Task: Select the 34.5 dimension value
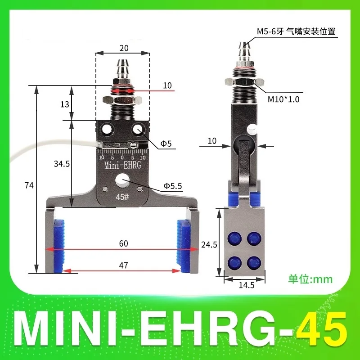click(x=62, y=164)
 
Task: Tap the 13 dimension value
click(x=65, y=104)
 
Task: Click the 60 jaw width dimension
click(x=124, y=243)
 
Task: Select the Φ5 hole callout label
click(x=166, y=144)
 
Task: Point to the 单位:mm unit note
click(x=310, y=279)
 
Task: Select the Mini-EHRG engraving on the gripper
click(x=122, y=166)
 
